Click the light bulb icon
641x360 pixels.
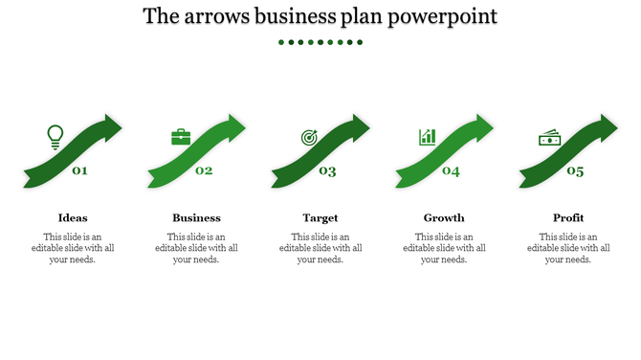[55, 137]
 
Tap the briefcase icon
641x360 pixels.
[181, 137]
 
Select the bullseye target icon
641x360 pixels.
[309, 138]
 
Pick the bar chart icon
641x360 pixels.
[428, 137]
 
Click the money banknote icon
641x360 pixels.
[549, 138]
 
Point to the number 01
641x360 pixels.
[79, 171]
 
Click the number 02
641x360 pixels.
[204, 171]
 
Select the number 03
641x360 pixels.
[327, 171]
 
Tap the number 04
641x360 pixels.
[451, 171]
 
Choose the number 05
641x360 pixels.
[574, 171]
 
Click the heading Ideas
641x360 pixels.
[73, 217]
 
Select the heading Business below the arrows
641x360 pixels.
[196, 217]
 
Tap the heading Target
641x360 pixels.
[320, 217]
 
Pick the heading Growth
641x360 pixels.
[444, 217]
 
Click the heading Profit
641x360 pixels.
[568, 217]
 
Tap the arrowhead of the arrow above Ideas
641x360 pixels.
[113, 125]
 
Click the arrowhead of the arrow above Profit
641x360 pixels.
[608, 125]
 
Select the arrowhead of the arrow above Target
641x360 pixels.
[361, 125]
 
